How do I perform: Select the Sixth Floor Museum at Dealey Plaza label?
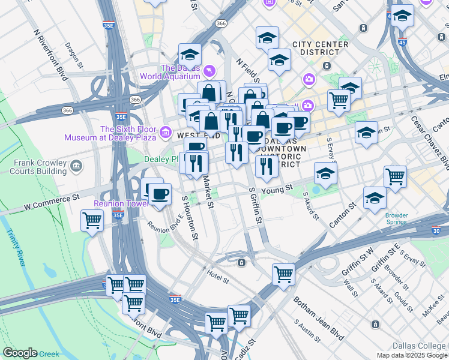128,133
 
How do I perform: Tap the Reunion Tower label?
121,204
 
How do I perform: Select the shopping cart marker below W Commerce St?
92,220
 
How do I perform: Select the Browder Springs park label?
397,218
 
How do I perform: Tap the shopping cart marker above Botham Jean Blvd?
283,274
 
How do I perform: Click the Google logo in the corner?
20,353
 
